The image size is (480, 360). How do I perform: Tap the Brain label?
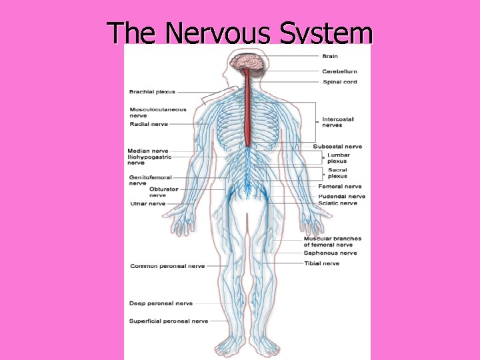coord(330,56)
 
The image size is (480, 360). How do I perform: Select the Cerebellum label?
coord(340,71)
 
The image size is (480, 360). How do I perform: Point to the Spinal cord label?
coord(339,82)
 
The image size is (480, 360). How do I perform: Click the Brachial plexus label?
coord(152,91)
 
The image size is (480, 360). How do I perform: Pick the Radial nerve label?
coord(149,124)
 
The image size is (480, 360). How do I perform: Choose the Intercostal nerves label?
coord(338,122)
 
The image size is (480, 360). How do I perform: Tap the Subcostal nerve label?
coord(337,147)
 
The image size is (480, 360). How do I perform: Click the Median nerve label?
coord(148,151)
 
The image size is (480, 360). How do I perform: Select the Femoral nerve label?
coord(339,187)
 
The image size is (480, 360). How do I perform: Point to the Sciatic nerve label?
coord(337,203)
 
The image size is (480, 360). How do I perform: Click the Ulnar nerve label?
coord(148,203)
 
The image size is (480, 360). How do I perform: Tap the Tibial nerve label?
coord(321,263)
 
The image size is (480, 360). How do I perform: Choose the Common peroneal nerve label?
coord(167,266)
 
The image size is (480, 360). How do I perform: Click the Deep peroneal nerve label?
coord(161,303)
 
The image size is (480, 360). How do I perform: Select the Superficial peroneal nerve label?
coord(169,321)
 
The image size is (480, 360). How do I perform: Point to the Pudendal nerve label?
coord(341,197)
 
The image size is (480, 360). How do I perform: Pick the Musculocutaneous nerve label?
coord(158,112)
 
